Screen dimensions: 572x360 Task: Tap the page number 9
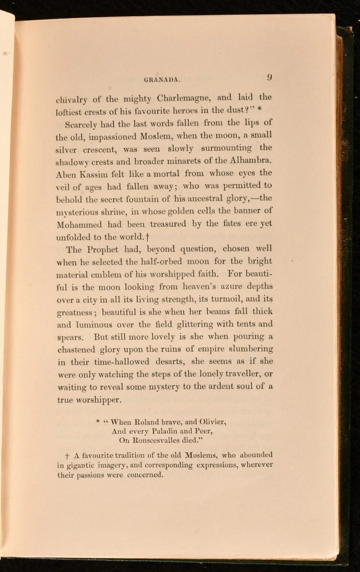pos(269,78)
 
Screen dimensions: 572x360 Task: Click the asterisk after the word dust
pos(259,109)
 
